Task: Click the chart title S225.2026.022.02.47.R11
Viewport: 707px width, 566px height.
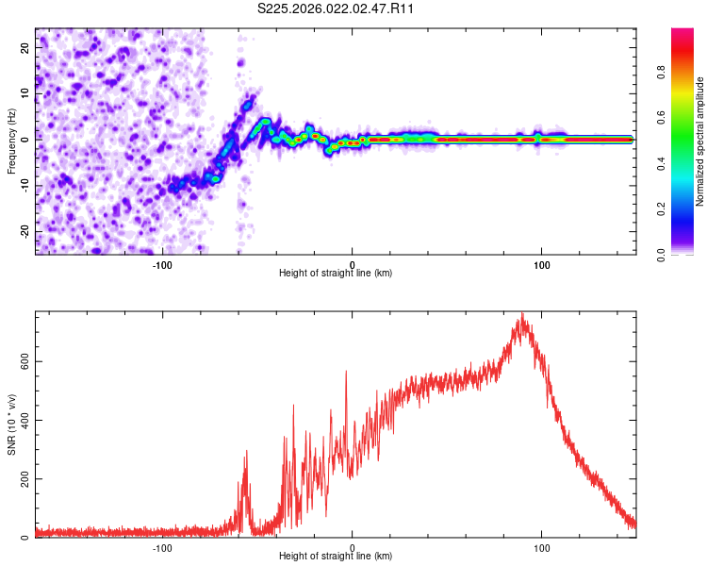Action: (x=337, y=9)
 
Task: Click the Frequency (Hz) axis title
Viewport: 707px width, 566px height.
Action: (x=12, y=141)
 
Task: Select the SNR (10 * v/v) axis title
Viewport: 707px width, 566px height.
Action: (x=12, y=424)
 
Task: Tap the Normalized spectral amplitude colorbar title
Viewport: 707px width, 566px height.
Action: (x=699, y=141)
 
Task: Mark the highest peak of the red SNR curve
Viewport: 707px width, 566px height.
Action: (x=521, y=314)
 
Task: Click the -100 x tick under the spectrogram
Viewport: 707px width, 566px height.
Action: (x=162, y=263)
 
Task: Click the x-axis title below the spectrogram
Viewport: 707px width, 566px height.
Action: (x=336, y=273)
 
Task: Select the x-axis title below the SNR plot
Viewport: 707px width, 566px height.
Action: (x=336, y=557)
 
